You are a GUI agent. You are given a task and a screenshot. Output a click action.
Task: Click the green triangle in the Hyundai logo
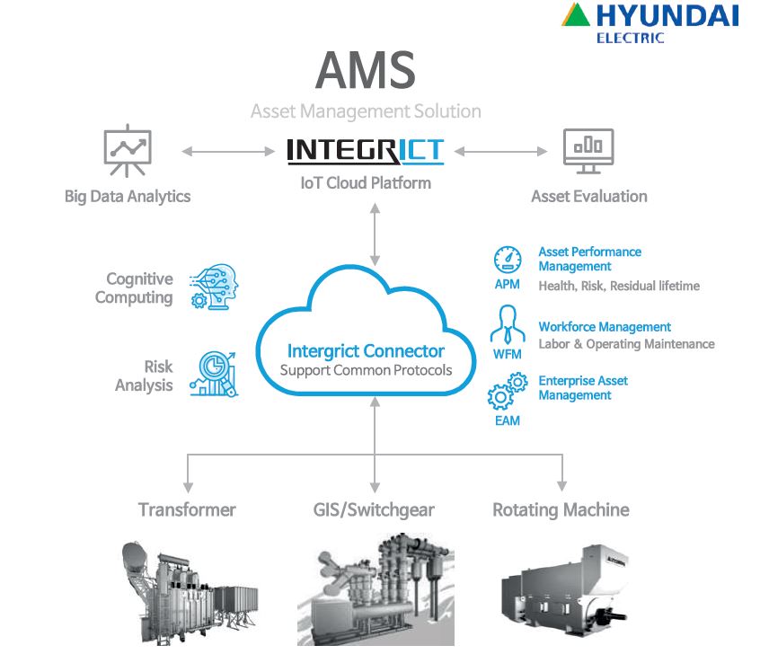579,16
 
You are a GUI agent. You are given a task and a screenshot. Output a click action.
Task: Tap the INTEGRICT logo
365,150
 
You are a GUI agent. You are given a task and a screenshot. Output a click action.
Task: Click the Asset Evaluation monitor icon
588,150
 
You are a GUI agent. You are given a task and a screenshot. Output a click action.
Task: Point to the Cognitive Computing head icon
213,287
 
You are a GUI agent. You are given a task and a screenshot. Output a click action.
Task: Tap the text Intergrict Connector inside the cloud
366,350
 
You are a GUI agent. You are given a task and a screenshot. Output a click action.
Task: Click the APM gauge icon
508,261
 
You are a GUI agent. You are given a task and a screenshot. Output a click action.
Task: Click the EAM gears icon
507,393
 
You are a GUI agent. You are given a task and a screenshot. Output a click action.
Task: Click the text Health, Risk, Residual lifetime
618,286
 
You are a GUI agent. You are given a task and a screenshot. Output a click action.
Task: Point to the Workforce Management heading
605,327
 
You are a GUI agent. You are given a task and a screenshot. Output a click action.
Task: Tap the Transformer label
187,510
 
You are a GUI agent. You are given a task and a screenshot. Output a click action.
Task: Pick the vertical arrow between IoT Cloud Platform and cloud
376,234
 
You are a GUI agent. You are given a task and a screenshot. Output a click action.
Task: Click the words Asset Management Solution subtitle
366,112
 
